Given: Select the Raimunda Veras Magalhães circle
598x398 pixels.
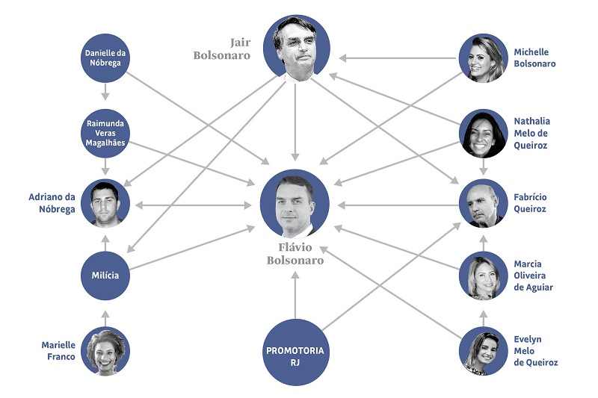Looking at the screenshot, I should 105,132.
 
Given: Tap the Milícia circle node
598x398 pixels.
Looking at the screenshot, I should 105,276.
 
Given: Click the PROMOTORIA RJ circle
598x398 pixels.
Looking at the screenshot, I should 295,352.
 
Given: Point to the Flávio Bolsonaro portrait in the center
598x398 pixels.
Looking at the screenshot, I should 295,204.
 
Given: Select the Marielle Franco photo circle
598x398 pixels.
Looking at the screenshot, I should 105,351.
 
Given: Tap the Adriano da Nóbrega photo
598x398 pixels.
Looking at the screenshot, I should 105,203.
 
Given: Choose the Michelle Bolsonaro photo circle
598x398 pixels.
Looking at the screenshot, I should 483,58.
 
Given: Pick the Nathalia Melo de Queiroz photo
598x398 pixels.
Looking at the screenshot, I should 483,133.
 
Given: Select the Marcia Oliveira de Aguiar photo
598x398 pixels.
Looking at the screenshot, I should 483,276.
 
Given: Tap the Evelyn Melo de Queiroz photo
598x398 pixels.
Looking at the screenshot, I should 483,350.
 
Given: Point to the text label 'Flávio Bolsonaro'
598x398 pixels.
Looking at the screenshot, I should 295,254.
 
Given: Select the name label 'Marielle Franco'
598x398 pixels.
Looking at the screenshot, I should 58,350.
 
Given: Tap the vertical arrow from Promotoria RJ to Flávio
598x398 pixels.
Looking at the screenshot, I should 295,294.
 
